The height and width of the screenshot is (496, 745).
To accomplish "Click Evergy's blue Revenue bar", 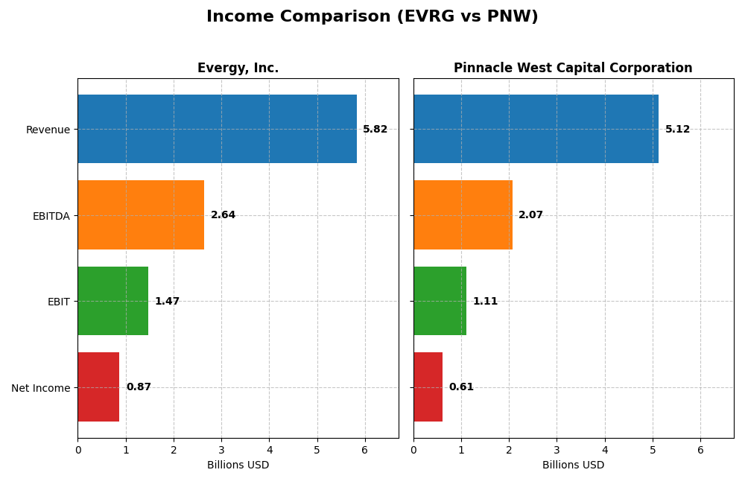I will tap(217, 129).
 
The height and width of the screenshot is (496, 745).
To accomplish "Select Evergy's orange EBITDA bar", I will tap(141, 215).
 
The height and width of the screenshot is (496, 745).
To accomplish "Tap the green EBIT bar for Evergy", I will tap(112, 301).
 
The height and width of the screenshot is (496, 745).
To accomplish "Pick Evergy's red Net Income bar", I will tap(98, 387).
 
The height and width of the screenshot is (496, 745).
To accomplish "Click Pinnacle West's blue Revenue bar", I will tap(536, 129).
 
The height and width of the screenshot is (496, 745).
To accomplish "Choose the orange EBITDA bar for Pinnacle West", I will tap(463, 215).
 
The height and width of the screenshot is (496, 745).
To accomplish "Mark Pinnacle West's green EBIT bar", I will tap(440, 301).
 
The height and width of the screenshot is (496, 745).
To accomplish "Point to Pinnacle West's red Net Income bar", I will tap(428, 387).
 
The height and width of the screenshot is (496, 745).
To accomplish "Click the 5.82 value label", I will tap(375, 130).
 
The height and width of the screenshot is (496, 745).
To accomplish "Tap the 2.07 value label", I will tap(530, 215).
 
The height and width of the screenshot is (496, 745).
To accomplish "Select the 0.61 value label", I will tap(461, 387).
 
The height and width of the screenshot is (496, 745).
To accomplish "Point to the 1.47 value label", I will tap(167, 302).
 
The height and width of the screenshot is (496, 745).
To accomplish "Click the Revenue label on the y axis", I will tap(48, 130).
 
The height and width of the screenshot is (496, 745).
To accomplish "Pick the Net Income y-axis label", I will tap(40, 388).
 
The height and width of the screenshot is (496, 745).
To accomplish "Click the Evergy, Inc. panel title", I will tap(238, 69).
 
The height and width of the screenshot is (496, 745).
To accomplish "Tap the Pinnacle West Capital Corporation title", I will tap(573, 69).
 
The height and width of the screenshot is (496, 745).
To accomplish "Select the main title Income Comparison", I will tap(372, 17).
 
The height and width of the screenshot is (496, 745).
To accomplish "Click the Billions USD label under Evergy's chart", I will tap(238, 465).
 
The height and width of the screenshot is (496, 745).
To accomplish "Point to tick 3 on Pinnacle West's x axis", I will tap(557, 451).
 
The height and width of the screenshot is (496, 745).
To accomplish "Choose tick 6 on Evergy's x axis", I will tap(364, 451).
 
